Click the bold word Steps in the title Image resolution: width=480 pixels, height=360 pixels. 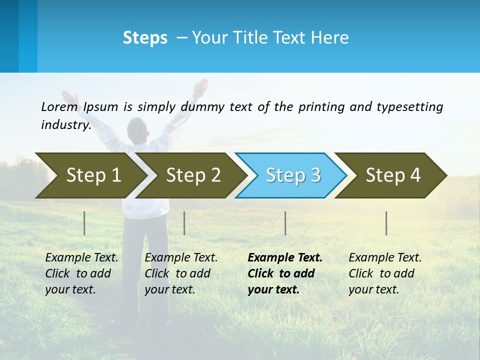click(145, 38)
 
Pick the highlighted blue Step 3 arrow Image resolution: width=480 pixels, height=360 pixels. click(293, 175)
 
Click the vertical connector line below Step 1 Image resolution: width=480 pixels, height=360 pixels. click(84, 223)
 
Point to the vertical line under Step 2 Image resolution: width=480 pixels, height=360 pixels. click(184, 223)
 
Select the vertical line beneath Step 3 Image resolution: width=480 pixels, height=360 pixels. click(285, 223)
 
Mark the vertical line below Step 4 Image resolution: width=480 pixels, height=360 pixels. click(386, 223)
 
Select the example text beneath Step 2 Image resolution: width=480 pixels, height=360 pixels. click(181, 273)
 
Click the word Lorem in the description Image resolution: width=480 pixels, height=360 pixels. click(59, 106)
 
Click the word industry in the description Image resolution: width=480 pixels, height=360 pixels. click(65, 124)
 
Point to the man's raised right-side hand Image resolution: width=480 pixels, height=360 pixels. click(200, 87)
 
